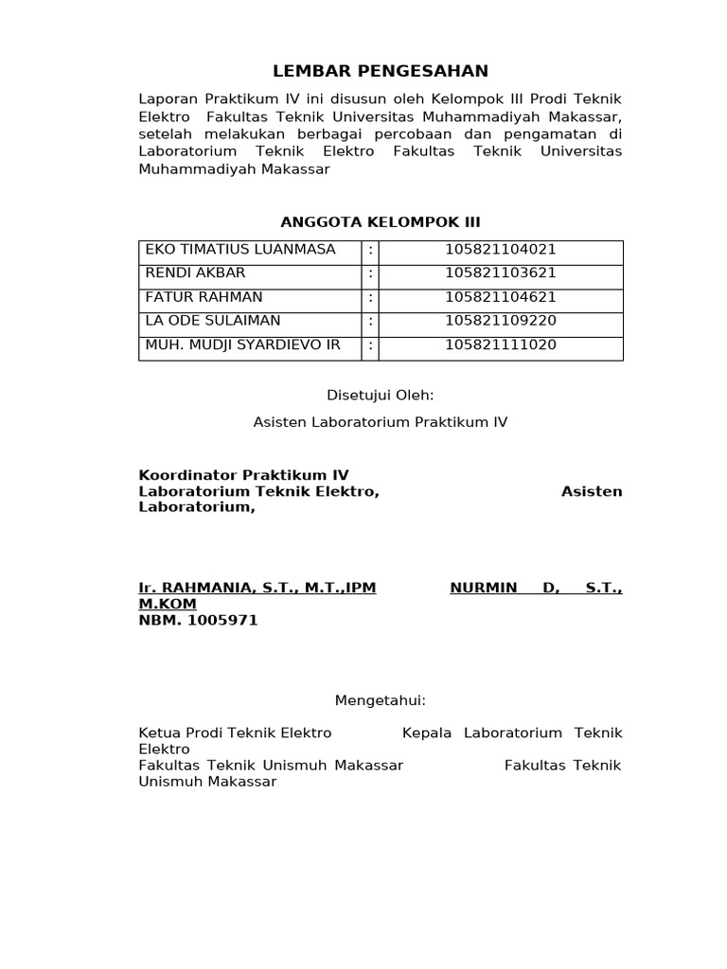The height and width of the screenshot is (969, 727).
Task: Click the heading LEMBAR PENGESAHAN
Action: point(381,71)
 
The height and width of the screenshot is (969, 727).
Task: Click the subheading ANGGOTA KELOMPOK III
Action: point(381,222)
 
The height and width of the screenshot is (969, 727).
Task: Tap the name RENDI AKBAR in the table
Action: point(195,273)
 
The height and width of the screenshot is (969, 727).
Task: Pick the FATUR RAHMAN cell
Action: point(204,297)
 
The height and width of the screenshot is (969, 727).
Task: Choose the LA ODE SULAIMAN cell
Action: point(213,321)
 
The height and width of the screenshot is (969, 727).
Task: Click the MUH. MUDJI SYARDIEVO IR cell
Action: point(242,344)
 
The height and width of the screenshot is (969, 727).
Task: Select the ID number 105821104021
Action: point(501,250)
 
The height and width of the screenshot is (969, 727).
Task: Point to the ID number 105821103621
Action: point(501,273)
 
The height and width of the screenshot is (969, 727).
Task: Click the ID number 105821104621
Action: point(501,297)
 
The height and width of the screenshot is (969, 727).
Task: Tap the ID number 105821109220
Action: point(501,321)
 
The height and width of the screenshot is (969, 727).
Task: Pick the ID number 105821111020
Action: point(501,344)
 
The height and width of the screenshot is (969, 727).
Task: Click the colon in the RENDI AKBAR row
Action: point(370,273)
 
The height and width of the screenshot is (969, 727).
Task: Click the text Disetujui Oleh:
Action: point(381,396)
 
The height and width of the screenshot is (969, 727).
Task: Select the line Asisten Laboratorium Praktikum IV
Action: point(381,422)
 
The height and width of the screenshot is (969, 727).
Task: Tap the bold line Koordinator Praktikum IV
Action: point(243,475)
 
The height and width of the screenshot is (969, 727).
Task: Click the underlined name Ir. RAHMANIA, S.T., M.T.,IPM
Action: point(257,588)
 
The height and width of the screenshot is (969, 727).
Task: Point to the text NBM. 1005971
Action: point(198,621)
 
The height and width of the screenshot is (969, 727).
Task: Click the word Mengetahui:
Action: point(381,701)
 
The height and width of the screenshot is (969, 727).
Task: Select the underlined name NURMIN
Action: point(484,588)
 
